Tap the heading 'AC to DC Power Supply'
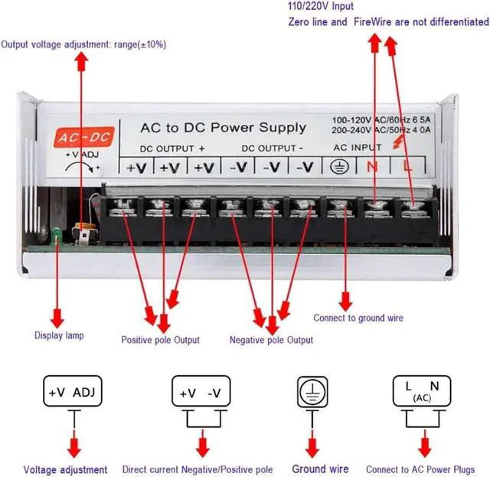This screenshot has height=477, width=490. click(x=223, y=127)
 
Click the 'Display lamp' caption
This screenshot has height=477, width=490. click(x=59, y=335)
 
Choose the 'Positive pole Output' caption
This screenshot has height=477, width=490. click(x=161, y=340)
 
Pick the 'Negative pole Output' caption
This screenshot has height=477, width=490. click(x=271, y=340)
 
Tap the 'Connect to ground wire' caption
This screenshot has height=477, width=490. click(x=358, y=318)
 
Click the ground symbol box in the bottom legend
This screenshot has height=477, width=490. click(x=312, y=393)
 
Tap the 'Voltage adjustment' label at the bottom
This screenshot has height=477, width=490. click(x=65, y=469)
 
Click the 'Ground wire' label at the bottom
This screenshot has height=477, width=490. click(x=320, y=469)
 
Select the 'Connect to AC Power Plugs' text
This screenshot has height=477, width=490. click(x=420, y=469)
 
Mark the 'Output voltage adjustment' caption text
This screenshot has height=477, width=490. click(x=84, y=44)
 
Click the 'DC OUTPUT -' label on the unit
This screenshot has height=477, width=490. click(x=273, y=148)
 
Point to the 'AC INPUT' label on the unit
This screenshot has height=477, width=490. click(x=358, y=147)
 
